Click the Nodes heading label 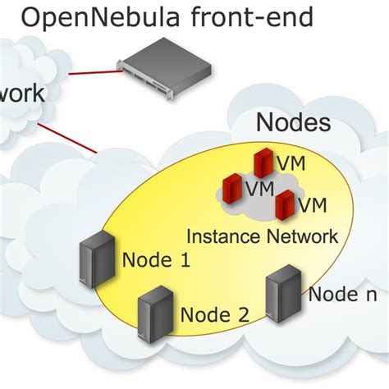[293, 122]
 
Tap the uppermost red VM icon [263, 162]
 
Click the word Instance [222, 236]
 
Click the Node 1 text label [156, 261]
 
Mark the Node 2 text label [215, 313]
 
